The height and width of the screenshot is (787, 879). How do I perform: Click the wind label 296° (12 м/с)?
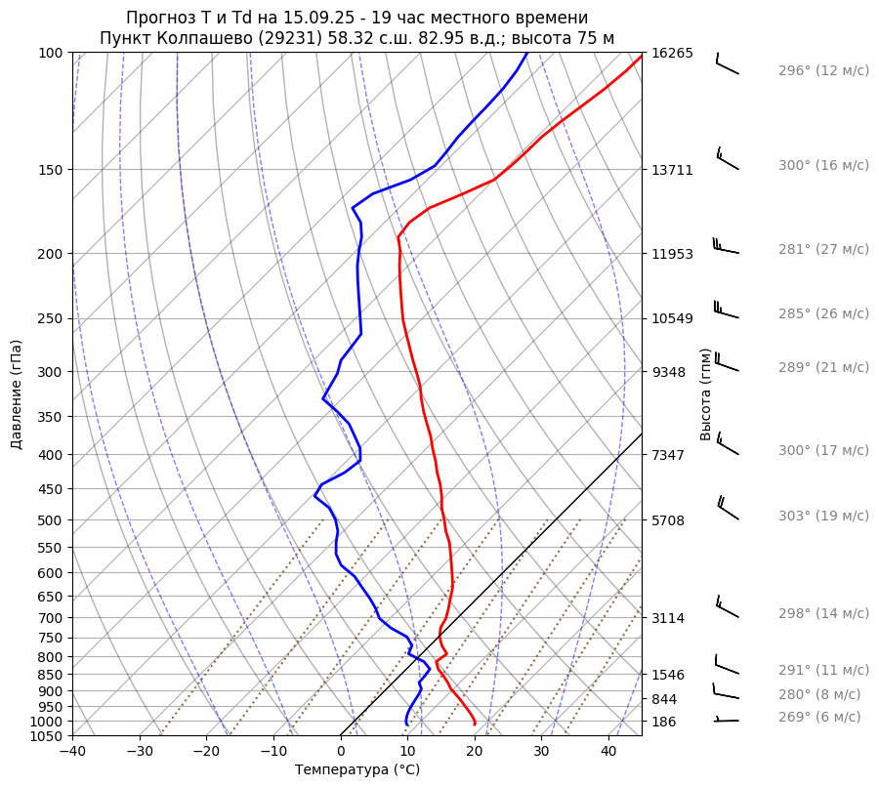[823, 71]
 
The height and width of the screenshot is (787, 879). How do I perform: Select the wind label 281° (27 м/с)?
[823, 249]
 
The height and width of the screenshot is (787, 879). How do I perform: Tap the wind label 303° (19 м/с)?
[823, 517]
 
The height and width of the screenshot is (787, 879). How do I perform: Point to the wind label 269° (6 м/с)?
[819, 717]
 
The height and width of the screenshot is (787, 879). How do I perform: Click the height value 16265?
[672, 53]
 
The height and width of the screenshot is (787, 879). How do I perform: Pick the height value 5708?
[668, 520]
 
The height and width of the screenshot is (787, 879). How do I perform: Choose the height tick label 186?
[664, 722]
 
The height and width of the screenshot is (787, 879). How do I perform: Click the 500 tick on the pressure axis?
[52, 520]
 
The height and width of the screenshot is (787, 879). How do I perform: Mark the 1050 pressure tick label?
[48, 736]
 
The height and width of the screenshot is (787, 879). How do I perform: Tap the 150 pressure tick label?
[52, 170]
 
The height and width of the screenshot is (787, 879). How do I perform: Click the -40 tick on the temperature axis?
[72, 752]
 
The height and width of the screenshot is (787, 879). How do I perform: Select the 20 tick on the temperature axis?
[475, 752]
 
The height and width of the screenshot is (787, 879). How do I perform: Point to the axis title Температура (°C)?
[357, 770]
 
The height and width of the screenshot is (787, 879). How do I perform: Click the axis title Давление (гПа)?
[17, 394]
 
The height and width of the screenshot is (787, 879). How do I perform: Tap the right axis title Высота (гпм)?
[706, 393]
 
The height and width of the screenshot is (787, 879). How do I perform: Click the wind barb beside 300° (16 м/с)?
[728, 159]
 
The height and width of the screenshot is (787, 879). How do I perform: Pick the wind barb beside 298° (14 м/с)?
[728, 607]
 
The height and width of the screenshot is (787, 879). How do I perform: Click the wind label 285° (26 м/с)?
[823, 314]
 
